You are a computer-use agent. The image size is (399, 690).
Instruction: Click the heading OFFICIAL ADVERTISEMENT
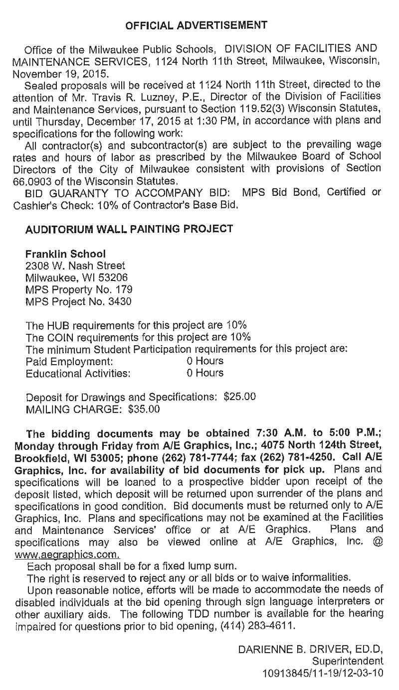(197, 25)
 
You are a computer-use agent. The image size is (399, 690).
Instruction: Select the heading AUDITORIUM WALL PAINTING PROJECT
(129, 229)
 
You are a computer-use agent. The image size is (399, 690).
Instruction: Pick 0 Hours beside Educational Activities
(205, 372)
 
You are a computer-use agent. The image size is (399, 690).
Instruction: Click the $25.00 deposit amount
(240, 397)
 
